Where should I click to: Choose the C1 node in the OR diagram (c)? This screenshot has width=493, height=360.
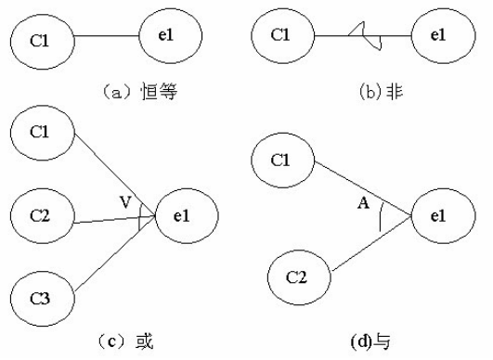[39, 131]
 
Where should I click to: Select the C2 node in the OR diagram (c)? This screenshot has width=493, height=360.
[39, 216]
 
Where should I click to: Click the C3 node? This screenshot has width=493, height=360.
[39, 299]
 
